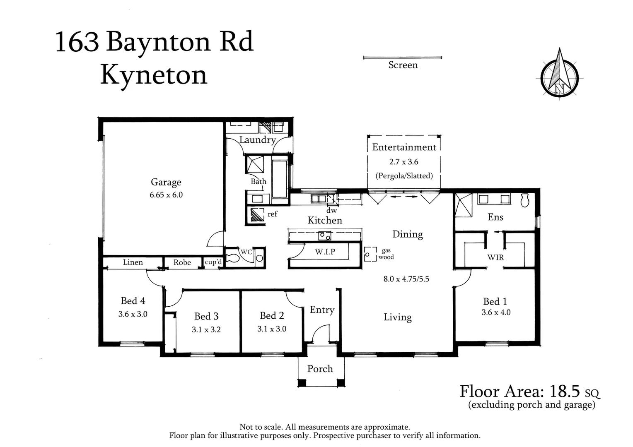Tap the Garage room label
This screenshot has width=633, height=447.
coord(166,182)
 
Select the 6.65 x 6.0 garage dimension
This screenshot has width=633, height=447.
coord(166,195)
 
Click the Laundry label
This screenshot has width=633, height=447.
coord(257,140)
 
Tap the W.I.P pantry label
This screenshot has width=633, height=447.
coord(325,252)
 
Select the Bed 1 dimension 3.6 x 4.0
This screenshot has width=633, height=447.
coord(496,312)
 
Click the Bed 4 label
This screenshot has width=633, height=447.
coord(133,301)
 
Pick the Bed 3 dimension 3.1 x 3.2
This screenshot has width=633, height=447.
coord(206,330)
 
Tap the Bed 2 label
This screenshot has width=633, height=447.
coord(272,316)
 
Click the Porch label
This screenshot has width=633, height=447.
coord(320,369)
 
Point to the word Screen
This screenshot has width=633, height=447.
coord(403,65)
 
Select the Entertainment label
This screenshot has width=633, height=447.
coord(404,147)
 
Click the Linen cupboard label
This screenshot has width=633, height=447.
coord(133,262)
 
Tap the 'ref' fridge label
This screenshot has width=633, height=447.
coord(272,214)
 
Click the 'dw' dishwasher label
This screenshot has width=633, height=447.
coord(331,211)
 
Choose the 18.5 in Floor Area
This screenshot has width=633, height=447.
coord(565,391)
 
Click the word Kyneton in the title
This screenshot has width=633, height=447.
coord(153,75)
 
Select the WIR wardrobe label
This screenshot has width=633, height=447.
coord(495,257)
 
